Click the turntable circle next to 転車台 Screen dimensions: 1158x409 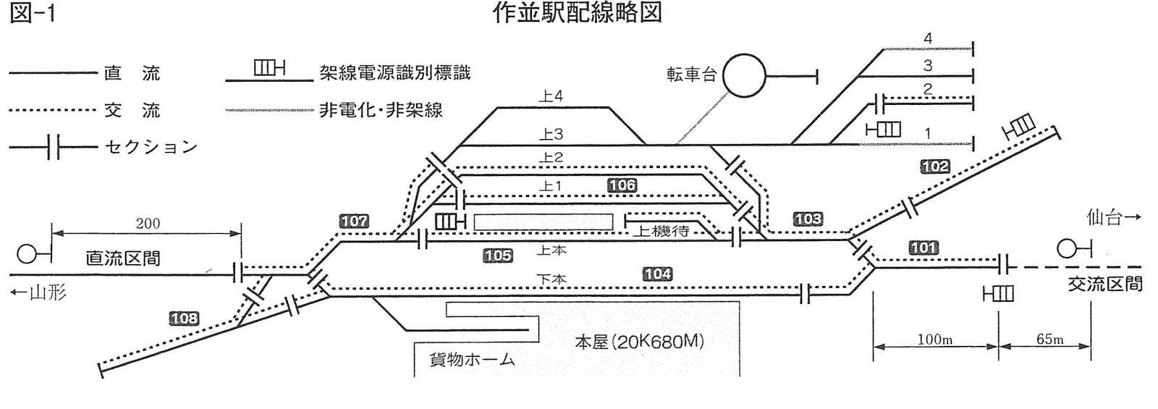pyautogui.click(x=745, y=75)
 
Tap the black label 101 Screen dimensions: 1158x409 pyautogui.click(x=924, y=248)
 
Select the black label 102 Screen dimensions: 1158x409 pyautogui.click(x=934, y=166)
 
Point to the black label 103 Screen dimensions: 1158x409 pyautogui.click(x=808, y=219)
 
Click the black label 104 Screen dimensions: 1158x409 pyautogui.click(x=657, y=274)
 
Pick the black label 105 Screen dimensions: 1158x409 pyautogui.click(x=498, y=256)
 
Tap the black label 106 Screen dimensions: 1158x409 pyautogui.click(x=622, y=185)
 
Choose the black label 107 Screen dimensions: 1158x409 pyautogui.click(x=354, y=222)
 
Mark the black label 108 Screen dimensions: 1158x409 pyautogui.click(x=184, y=318)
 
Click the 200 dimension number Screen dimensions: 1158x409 pyautogui.click(x=148, y=224)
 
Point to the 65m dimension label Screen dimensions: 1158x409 pyautogui.click(x=1049, y=339)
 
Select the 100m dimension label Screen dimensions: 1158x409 pyautogui.click(x=934, y=339)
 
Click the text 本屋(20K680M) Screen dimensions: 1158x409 pyautogui.click(x=639, y=342)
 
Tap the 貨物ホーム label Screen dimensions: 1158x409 pyautogui.click(x=472, y=359)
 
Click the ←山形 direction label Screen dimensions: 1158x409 pyautogui.click(x=39, y=293)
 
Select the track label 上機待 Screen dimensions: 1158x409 pyautogui.click(x=661, y=232)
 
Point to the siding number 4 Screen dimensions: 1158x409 pyautogui.click(x=928, y=39)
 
